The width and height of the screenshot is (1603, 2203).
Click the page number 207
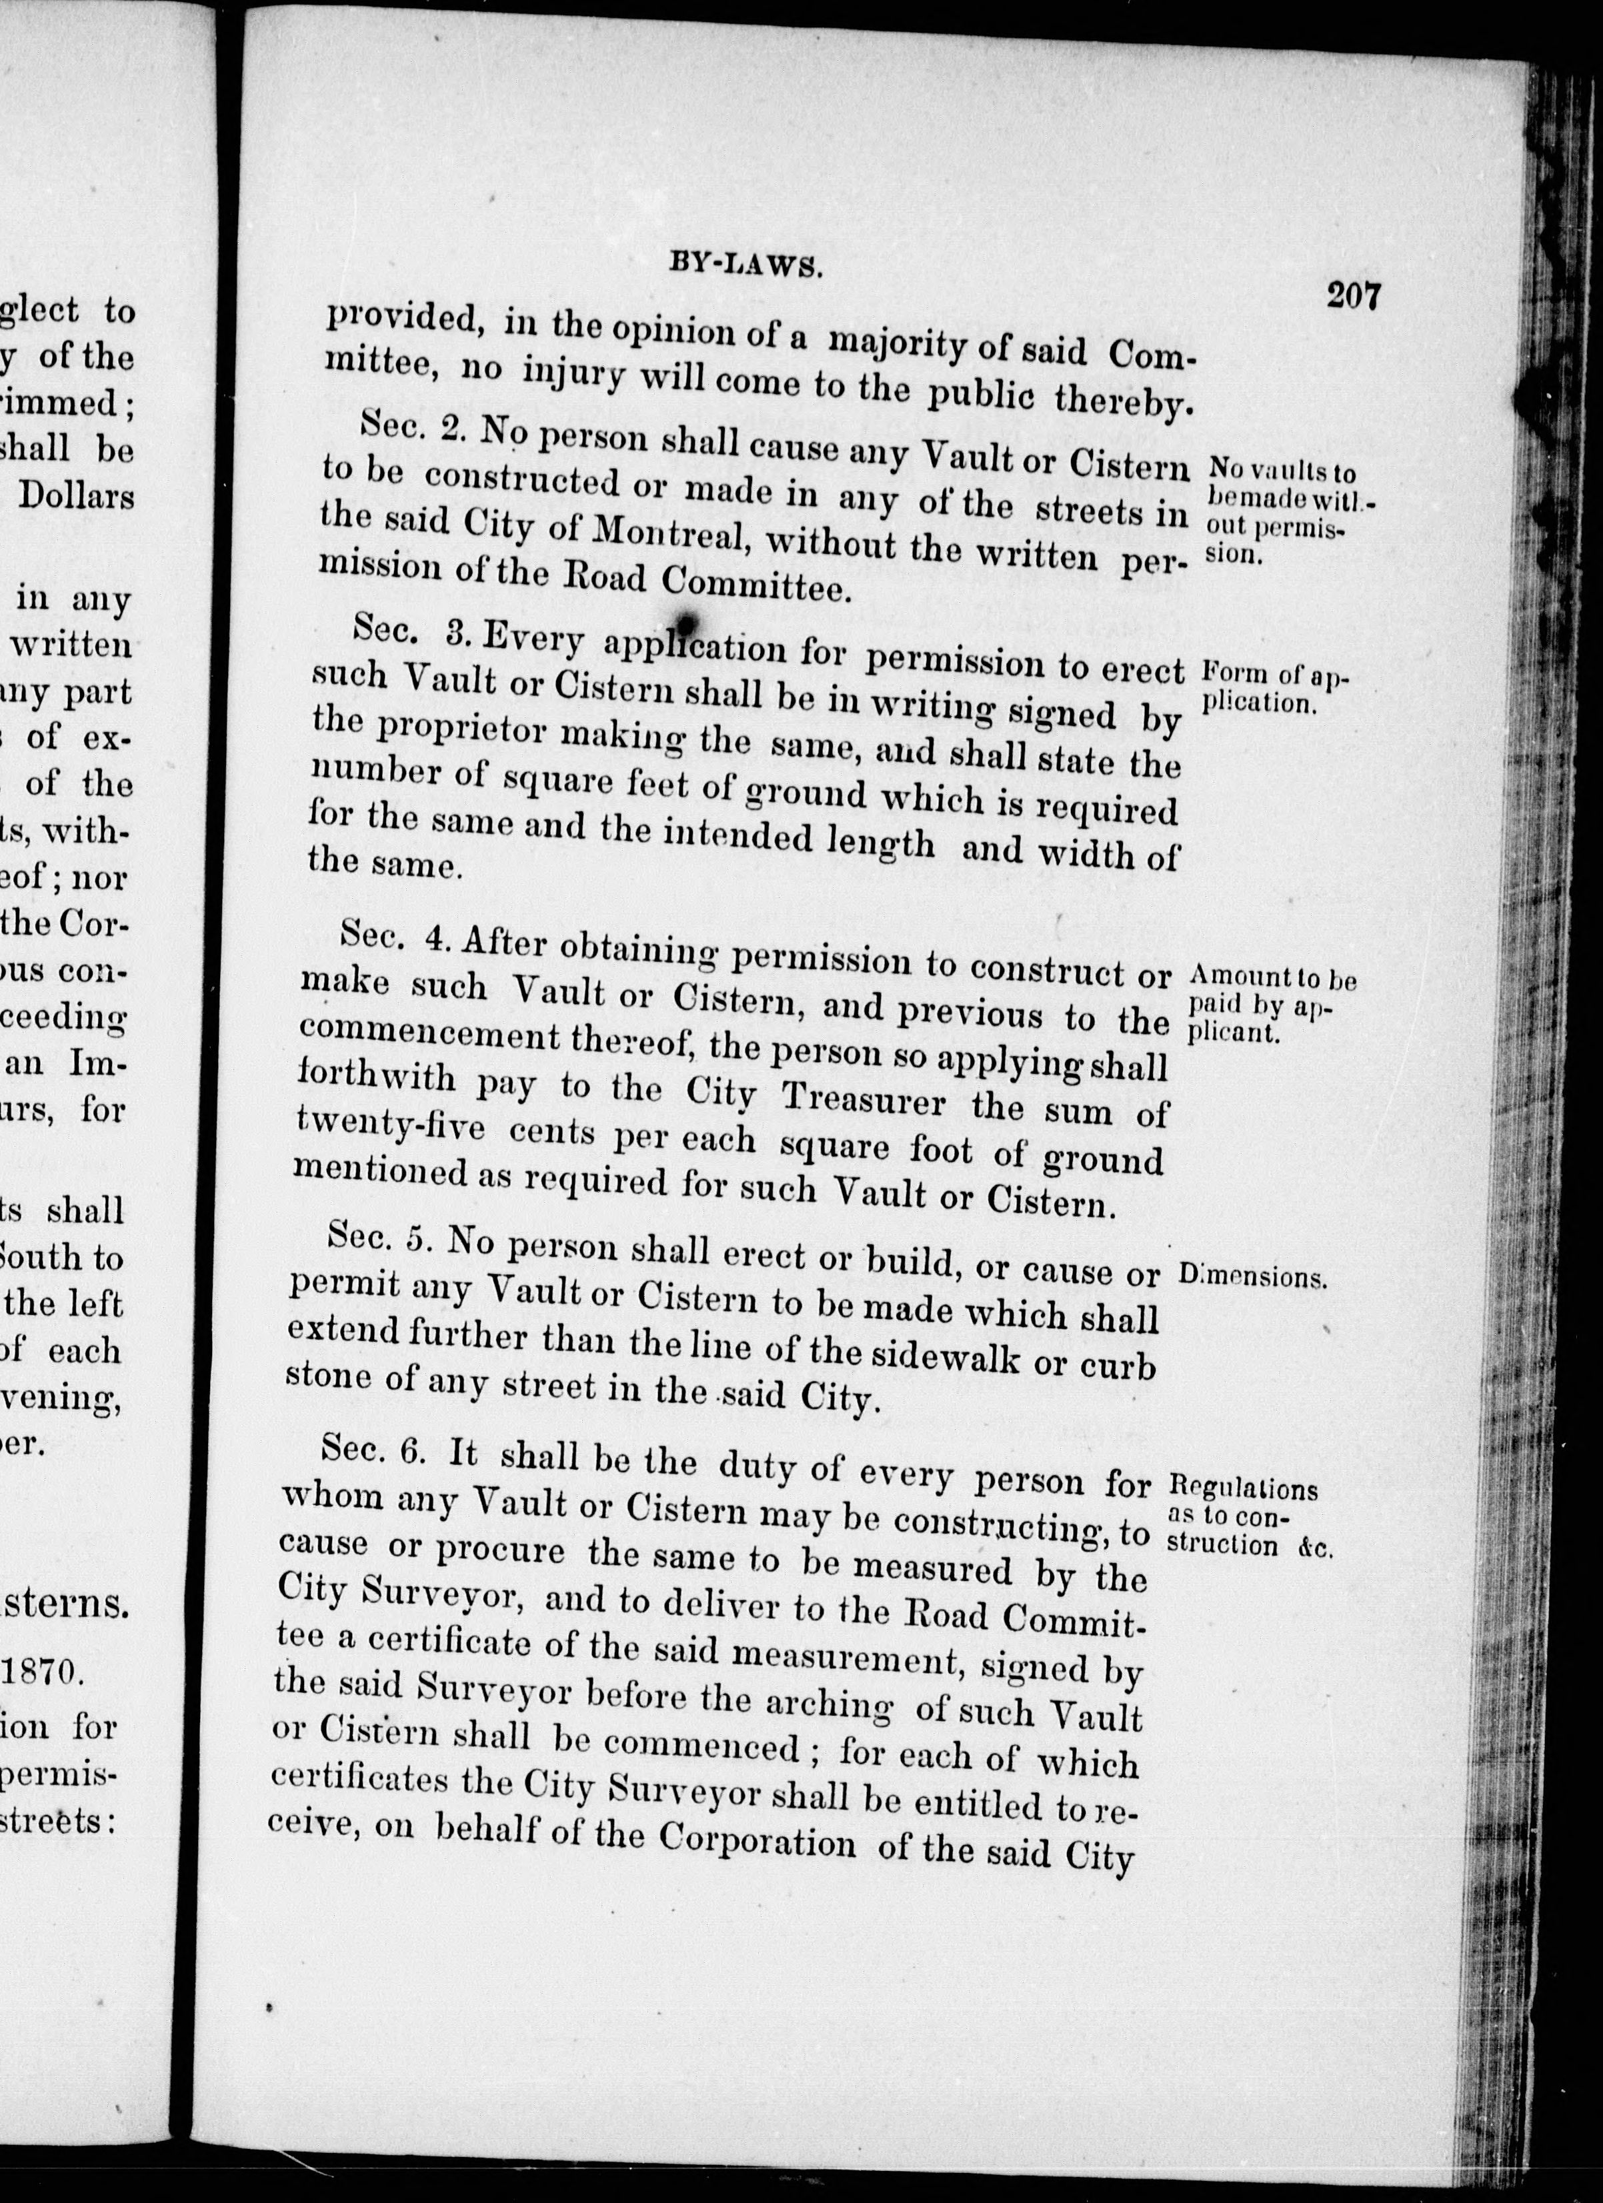1354,294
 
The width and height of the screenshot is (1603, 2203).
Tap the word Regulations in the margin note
1244,1487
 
